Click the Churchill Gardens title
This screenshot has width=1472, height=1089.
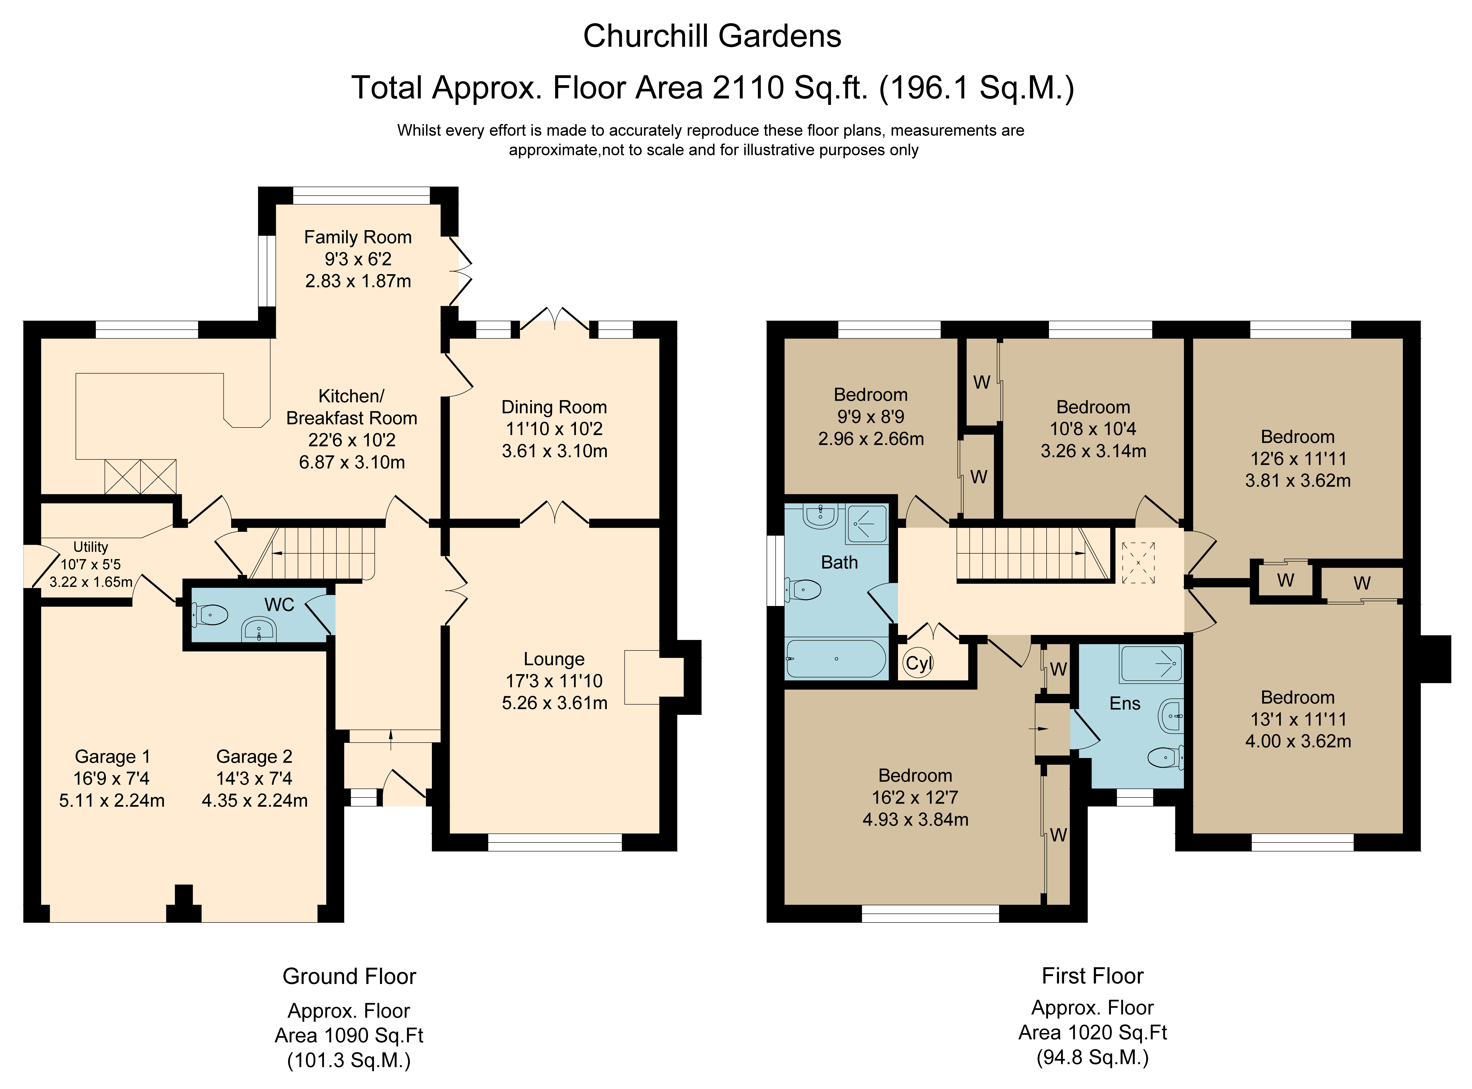pyautogui.click(x=712, y=36)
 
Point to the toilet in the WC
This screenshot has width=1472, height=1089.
pyautogui.click(x=210, y=615)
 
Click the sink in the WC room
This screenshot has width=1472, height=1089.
pyautogui.click(x=259, y=629)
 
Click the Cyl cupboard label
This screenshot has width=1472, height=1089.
pyautogui.click(x=919, y=663)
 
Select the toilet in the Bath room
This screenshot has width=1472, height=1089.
pyautogui.click(x=803, y=589)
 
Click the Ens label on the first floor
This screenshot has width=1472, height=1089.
pyautogui.click(x=1125, y=703)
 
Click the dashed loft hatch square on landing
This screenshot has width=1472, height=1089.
pyautogui.click(x=1138, y=563)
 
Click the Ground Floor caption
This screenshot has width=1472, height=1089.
pyautogui.click(x=349, y=976)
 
